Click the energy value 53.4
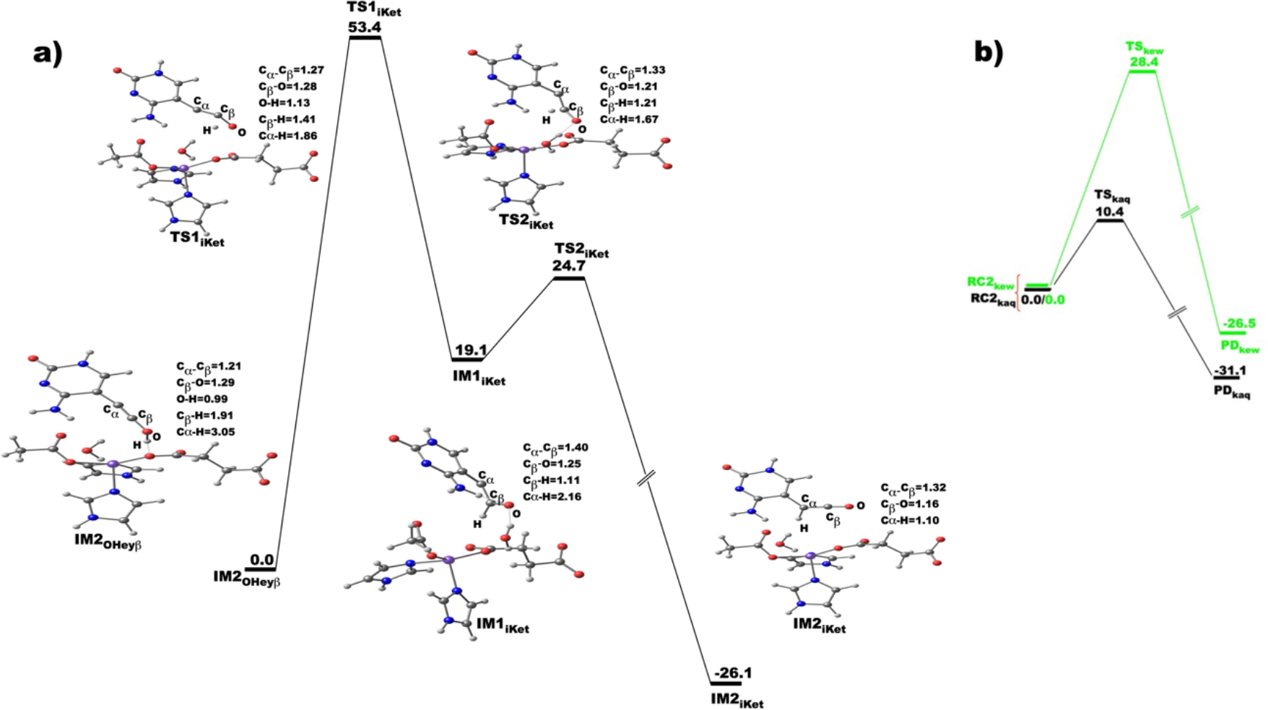pos(364,27)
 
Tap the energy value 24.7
pos(569,267)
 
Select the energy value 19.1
pos(470,350)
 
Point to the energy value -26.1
pos(736,673)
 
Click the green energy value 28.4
pos(1145,62)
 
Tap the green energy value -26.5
pos(1236,323)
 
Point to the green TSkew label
pos(1144,48)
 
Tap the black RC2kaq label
pos(992,300)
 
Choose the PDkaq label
pos(1231,394)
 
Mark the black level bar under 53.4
pos(365,38)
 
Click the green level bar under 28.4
pos(1142,72)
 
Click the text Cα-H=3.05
pos(206,432)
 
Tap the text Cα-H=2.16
pos(552,496)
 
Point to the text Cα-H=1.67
pos(628,119)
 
